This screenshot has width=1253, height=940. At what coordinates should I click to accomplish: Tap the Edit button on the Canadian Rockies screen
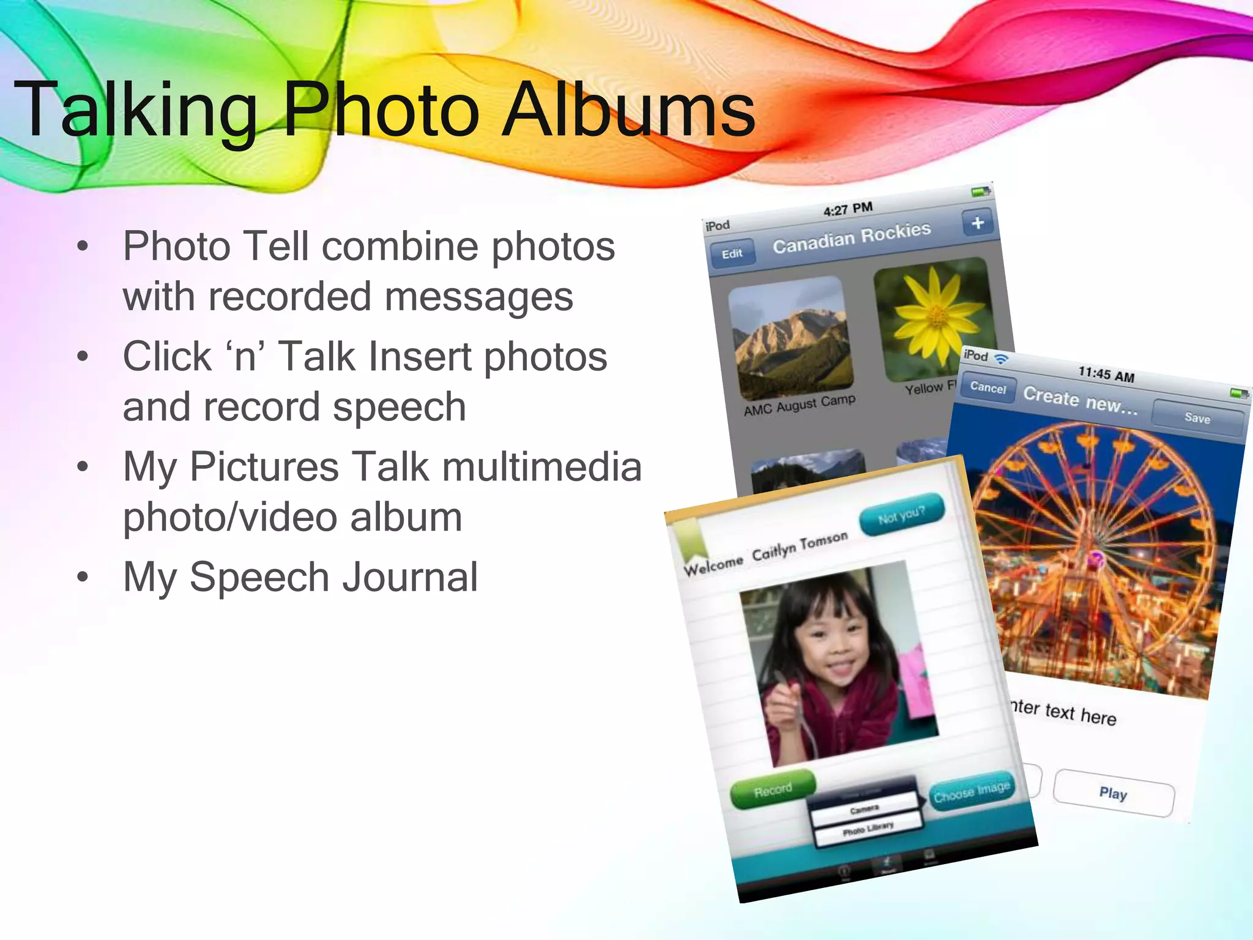point(732,254)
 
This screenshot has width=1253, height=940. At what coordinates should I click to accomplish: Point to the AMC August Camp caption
point(799,405)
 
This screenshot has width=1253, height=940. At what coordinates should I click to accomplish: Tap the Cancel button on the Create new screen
point(987,388)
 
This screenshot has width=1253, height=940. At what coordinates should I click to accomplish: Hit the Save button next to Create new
point(1197,419)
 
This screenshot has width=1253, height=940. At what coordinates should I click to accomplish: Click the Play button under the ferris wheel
point(1113,794)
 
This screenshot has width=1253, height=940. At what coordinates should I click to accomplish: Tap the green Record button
point(773,789)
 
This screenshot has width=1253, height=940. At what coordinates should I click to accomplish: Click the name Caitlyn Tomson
point(800,545)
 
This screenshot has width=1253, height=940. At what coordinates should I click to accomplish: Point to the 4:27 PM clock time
point(848,209)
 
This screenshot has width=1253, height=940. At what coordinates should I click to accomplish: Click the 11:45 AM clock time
point(1106,374)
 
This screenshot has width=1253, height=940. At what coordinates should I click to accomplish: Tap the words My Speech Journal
point(300,577)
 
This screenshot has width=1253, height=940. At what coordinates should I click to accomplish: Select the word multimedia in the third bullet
point(542,466)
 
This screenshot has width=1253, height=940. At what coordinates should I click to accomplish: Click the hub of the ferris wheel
point(1096,558)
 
